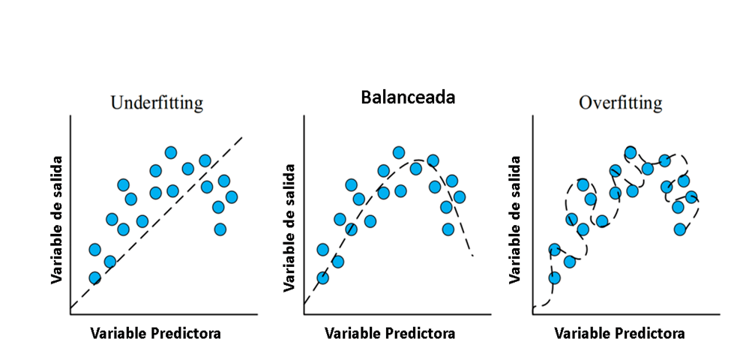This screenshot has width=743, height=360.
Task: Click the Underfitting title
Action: point(156,103)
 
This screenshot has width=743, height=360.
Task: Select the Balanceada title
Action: point(408,97)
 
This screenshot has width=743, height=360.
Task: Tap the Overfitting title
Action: point(620,103)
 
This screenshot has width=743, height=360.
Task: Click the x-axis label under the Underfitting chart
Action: point(155,333)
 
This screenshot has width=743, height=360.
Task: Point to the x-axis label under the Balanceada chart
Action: point(390,333)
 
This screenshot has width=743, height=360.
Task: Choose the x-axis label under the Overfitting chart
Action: point(619,333)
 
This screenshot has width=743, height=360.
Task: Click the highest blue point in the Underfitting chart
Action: point(171,152)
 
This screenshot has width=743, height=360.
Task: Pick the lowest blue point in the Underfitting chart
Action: point(95,277)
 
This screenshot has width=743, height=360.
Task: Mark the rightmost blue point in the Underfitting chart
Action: point(231,196)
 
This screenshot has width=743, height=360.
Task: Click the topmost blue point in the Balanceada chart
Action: point(399,152)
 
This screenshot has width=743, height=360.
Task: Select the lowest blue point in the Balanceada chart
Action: point(323,277)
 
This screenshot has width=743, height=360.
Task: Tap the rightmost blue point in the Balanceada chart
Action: point(459,196)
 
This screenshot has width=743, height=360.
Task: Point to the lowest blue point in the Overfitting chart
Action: point(555,277)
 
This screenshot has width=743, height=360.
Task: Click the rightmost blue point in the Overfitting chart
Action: point(691,196)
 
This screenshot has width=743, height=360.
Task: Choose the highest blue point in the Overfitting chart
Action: point(631,152)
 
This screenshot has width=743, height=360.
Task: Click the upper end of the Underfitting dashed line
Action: point(243,137)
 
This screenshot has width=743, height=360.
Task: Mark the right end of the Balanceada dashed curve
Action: point(473,256)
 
